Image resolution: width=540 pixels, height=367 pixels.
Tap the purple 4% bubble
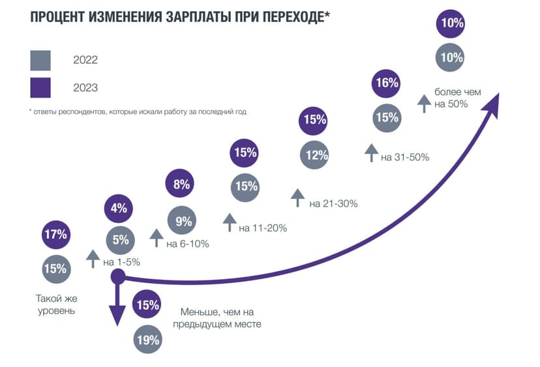[119, 209]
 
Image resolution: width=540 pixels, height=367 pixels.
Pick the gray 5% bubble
[120, 240]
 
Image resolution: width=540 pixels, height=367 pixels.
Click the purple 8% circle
[182, 184]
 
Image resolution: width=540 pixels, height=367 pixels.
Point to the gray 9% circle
[183, 222]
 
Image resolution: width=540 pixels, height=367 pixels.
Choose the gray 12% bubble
[315, 156]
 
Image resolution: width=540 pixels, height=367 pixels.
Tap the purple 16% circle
[387, 83]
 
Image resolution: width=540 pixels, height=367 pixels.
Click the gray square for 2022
[40, 60]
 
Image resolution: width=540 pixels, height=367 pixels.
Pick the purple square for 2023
[40, 87]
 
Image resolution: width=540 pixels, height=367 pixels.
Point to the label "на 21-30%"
[333, 204]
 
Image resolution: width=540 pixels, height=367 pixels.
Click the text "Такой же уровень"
[55, 304]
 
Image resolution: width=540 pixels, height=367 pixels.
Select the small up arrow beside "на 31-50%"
[371, 153]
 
